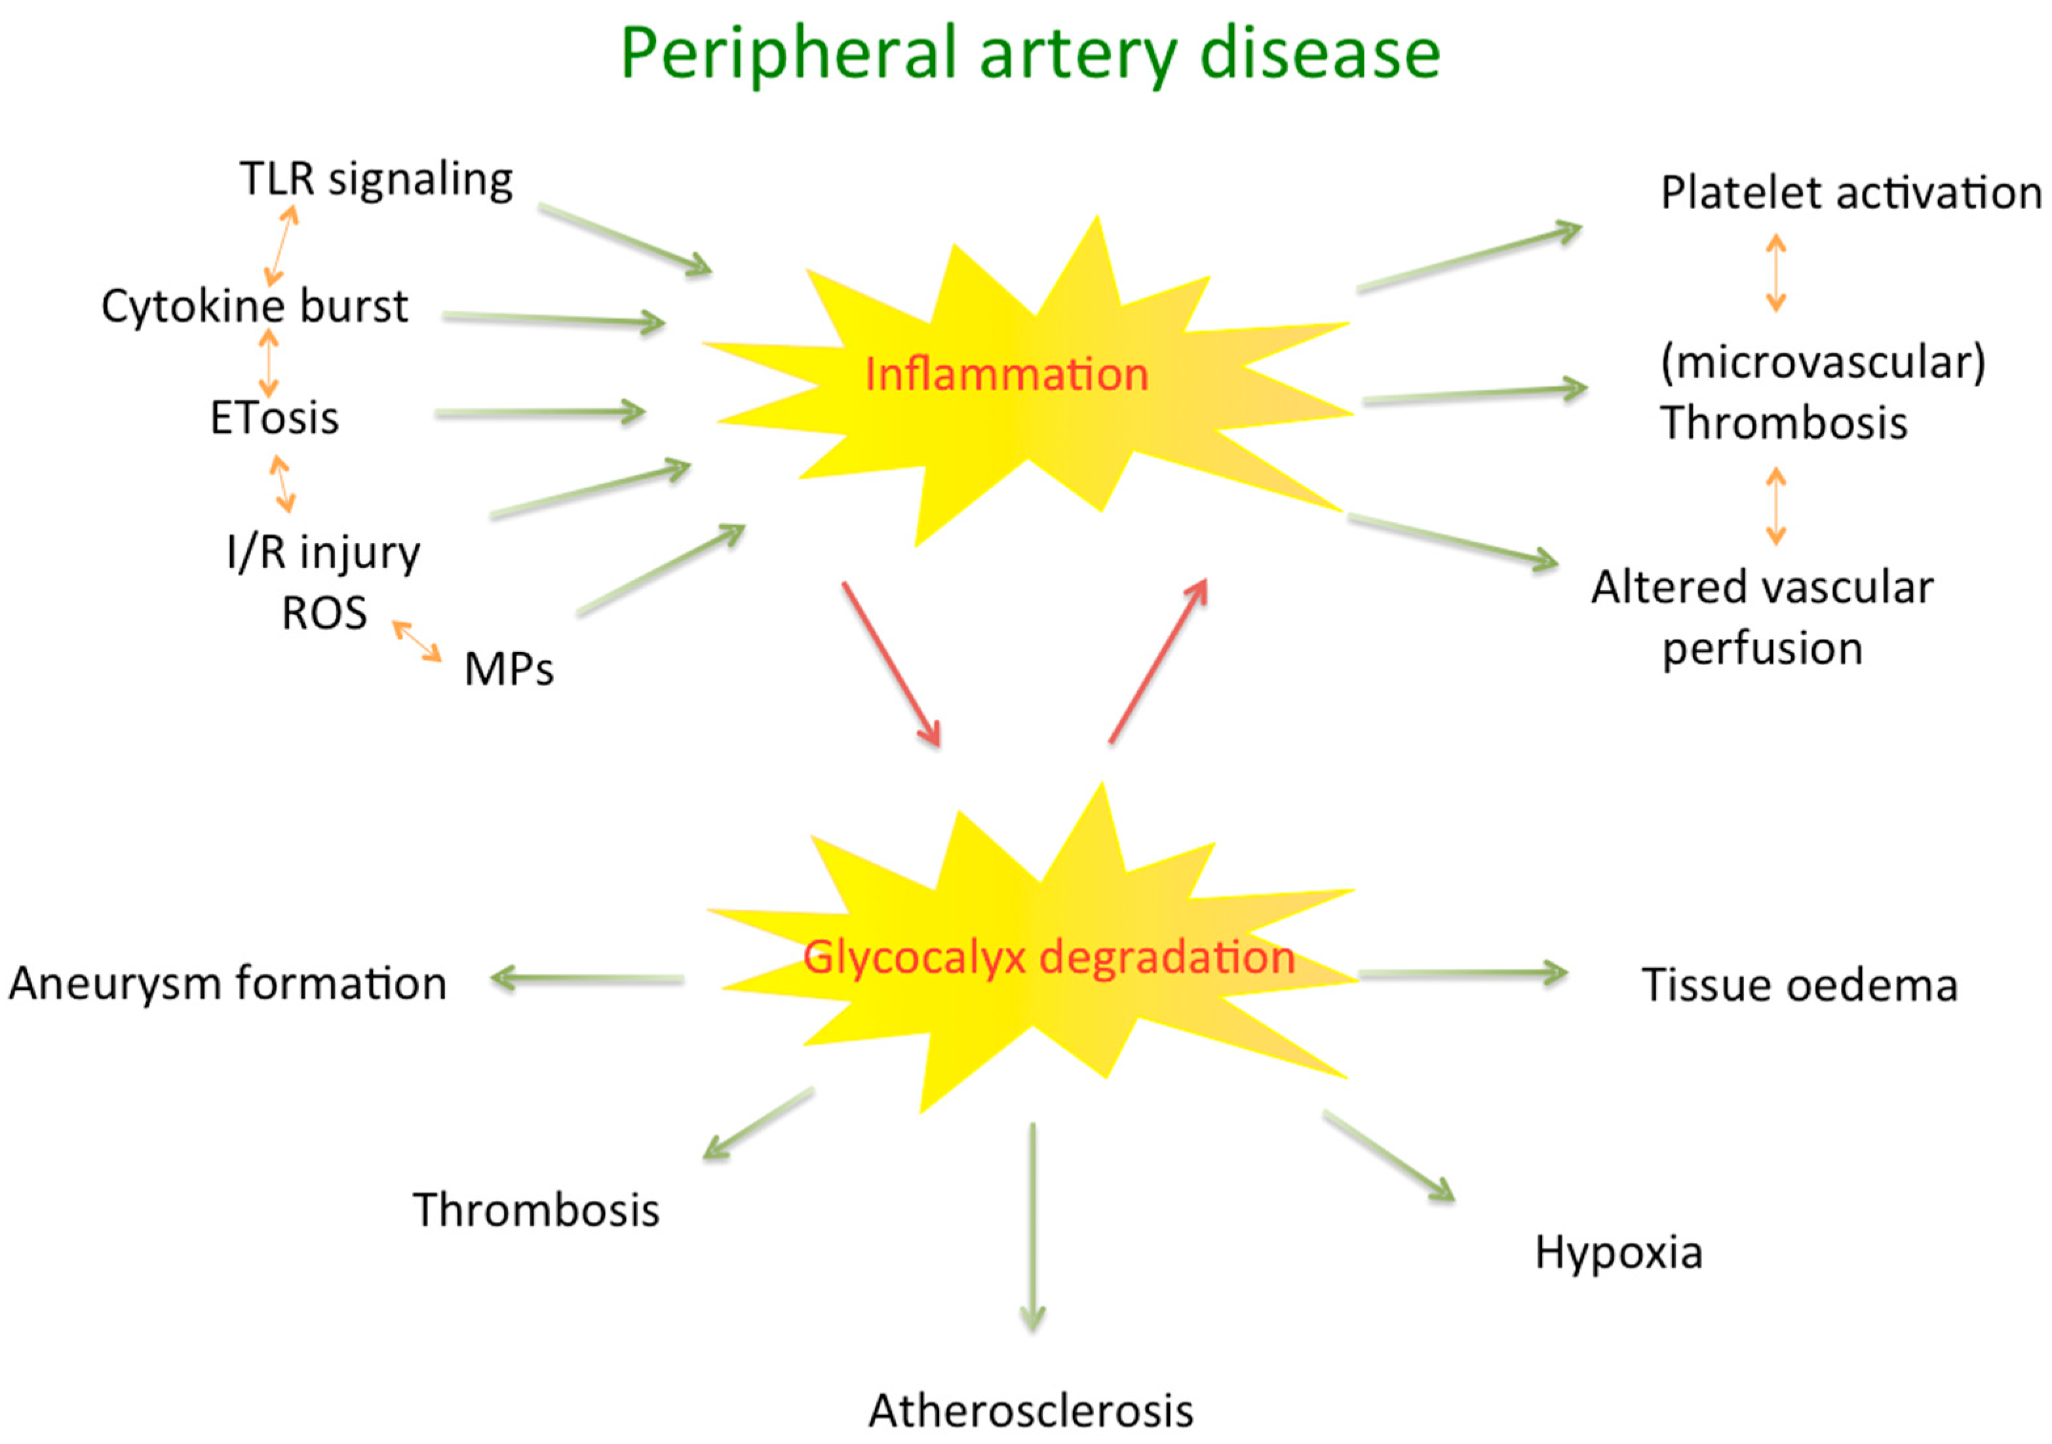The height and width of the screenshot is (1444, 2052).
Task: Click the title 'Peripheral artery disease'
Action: pyautogui.click(x=1030, y=54)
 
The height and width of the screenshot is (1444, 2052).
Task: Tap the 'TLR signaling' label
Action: pyautogui.click(x=376, y=180)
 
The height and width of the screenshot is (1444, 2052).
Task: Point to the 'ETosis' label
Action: pyautogui.click(x=275, y=418)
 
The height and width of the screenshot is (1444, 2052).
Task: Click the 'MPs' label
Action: pyautogui.click(x=509, y=668)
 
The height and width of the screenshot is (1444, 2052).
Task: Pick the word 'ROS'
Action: pyautogui.click(x=324, y=614)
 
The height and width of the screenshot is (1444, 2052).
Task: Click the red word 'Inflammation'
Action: pyautogui.click(x=1006, y=374)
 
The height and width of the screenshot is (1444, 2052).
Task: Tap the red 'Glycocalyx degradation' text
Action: pyautogui.click(x=1049, y=957)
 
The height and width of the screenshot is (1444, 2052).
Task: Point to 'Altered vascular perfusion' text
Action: pyautogui.click(x=1762, y=617)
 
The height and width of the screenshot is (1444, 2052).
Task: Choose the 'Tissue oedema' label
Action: pyautogui.click(x=1800, y=985)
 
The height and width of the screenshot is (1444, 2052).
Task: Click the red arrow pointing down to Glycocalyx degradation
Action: pyautogui.click(x=891, y=664)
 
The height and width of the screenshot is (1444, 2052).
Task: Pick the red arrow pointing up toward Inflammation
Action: pyautogui.click(x=1158, y=660)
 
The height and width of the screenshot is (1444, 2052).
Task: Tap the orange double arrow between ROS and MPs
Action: pyautogui.click(x=417, y=641)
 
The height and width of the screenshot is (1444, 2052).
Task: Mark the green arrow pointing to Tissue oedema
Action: pyautogui.click(x=1462, y=974)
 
